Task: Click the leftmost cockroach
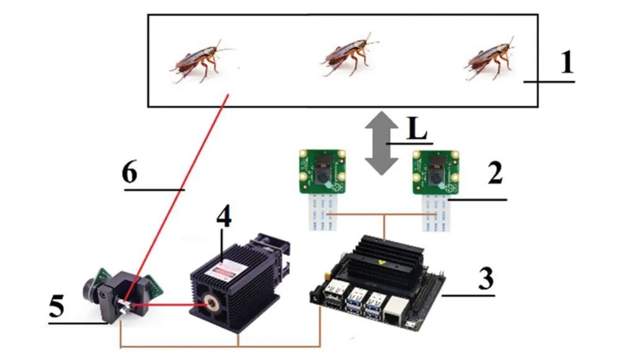(x=198, y=62)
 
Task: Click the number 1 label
(x=567, y=62)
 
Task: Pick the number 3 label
(x=485, y=278)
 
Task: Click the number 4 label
(x=224, y=218)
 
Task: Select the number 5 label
(x=57, y=305)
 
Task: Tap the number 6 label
(x=130, y=173)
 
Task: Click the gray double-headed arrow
(x=381, y=144)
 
